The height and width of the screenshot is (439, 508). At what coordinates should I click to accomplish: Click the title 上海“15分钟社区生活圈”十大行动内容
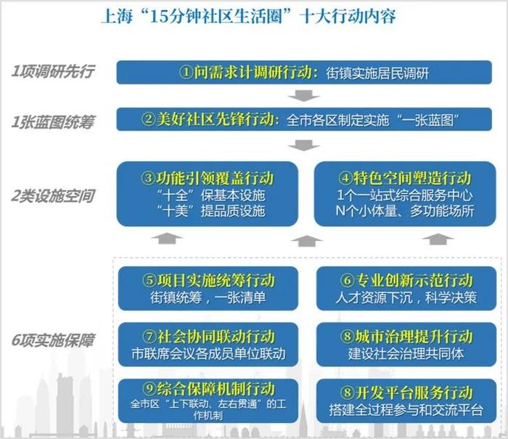point(248,16)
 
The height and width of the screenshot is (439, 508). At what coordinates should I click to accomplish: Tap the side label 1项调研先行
point(53,71)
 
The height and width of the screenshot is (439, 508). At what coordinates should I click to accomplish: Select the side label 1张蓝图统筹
point(52,122)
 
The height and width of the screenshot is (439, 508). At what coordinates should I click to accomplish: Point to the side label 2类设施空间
point(53,196)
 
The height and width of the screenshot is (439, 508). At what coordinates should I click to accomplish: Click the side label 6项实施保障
point(53,340)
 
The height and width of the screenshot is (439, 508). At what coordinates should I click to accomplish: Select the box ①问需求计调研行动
point(304,73)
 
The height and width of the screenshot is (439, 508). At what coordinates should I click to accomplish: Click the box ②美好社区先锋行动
point(304,119)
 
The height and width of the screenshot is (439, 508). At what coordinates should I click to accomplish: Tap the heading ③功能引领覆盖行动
point(208,178)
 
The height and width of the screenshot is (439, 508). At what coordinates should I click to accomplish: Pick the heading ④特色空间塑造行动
point(405,178)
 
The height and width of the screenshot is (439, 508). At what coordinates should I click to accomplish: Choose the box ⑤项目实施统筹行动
point(208,288)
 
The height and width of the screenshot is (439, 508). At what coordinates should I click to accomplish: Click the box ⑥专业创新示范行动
point(406,288)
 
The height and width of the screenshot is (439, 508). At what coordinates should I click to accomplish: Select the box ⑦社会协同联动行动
point(208,345)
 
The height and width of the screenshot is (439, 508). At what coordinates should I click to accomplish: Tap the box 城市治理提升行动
point(406,345)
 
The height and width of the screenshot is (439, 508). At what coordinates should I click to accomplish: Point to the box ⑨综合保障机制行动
point(208,401)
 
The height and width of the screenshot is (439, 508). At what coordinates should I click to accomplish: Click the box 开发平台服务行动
point(406,401)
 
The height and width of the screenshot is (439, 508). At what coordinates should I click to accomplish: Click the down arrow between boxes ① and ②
point(304,96)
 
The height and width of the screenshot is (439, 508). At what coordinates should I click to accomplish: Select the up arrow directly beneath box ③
point(167,239)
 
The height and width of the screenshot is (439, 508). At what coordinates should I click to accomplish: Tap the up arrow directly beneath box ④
point(438,239)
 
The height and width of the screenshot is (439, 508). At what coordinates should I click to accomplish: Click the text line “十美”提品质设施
point(210,211)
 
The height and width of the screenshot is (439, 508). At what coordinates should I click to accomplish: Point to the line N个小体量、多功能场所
point(405,211)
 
